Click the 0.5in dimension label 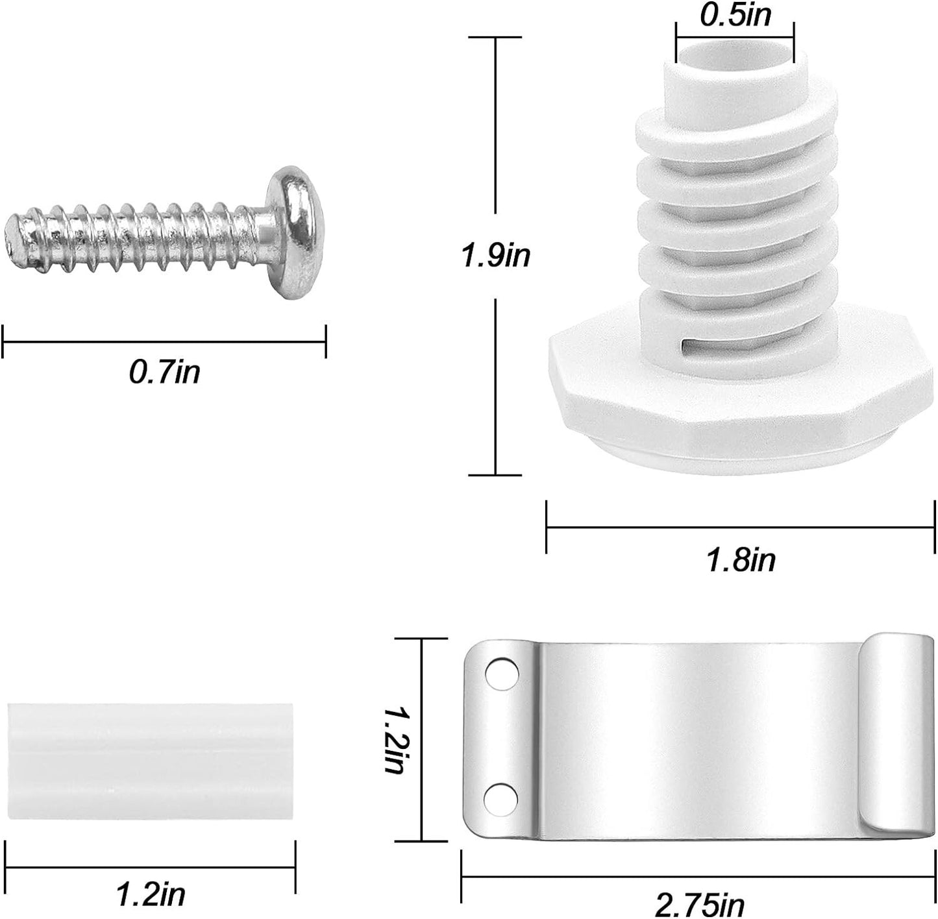(735, 15)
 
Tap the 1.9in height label (496, 256)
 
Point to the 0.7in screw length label (164, 373)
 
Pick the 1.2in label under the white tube (151, 894)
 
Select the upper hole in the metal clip (501, 674)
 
